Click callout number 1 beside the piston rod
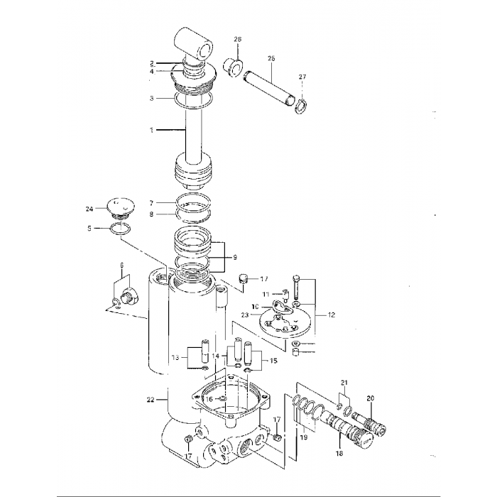click(151, 130)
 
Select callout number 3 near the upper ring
click(151, 98)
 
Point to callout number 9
click(234, 257)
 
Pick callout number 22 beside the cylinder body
click(150, 400)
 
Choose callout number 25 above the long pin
click(271, 58)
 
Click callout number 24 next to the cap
click(89, 209)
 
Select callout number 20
click(370, 398)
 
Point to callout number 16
click(209, 399)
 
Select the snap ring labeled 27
click(301, 106)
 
